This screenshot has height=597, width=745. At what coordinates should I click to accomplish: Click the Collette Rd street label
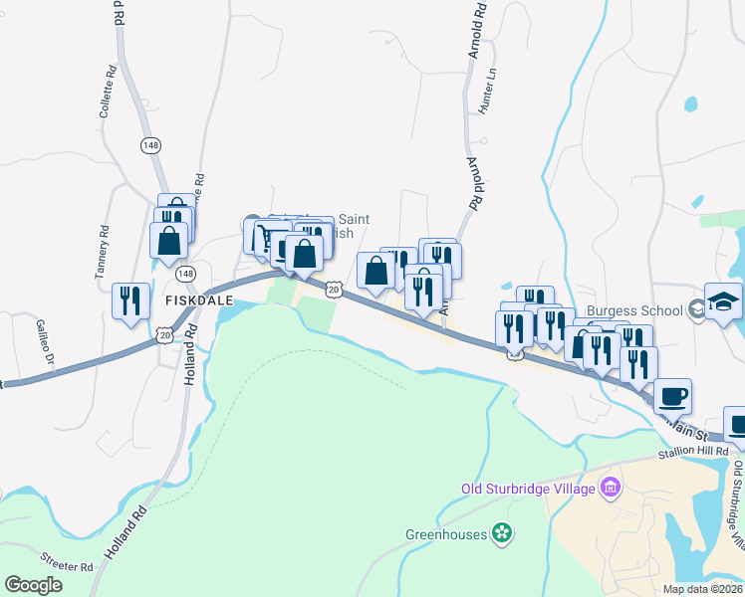[108, 93]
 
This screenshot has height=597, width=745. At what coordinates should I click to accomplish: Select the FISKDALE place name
[185, 298]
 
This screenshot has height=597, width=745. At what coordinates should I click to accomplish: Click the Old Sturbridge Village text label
[526, 489]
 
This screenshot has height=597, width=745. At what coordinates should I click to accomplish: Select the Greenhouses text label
[445, 534]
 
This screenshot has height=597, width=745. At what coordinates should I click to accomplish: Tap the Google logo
[33, 584]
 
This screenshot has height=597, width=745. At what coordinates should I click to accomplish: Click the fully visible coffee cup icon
[672, 395]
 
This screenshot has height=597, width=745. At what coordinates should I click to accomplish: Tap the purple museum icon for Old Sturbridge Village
[609, 489]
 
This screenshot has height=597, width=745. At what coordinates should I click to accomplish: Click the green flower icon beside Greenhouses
[502, 534]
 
